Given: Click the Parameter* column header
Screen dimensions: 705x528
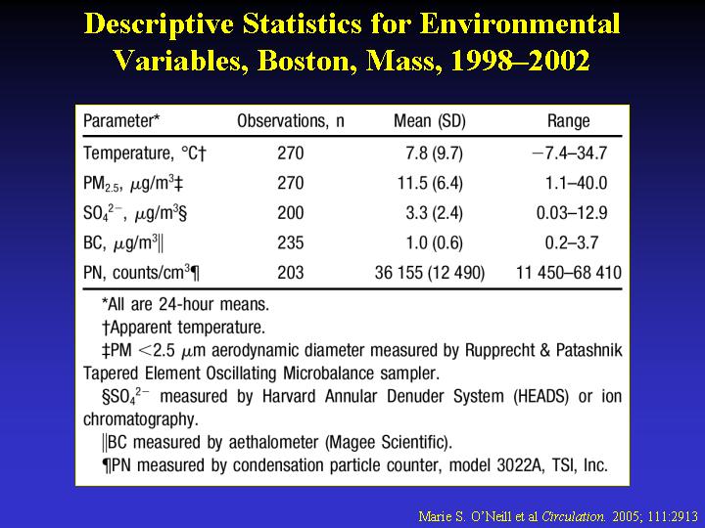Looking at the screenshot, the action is pyautogui.click(x=121, y=121).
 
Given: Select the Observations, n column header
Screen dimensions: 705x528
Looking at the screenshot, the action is pyautogui.click(x=291, y=121).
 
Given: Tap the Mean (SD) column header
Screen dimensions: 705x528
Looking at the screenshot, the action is pyautogui.click(x=430, y=121).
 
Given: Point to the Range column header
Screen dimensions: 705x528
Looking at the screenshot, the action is pyautogui.click(x=568, y=121).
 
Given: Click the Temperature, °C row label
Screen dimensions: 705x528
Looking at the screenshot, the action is pyautogui.click(x=145, y=154).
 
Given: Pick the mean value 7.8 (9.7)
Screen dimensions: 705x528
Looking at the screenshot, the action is pyautogui.click(x=434, y=154).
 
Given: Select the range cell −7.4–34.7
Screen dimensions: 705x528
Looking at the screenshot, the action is pyautogui.click(x=570, y=154).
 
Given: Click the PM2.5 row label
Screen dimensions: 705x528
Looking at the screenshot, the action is pyautogui.click(x=133, y=184).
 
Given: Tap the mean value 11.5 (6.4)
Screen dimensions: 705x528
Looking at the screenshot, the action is pyautogui.click(x=430, y=183).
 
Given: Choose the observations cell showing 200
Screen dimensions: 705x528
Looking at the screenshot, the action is pyautogui.click(x=291, y=213).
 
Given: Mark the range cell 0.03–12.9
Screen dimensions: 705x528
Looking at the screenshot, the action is pyautogui.click(x=572, y=213).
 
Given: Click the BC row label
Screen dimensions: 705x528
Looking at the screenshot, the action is pyautogui.click(x=123, y=243).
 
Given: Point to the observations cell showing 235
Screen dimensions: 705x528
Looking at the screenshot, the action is pyautogui.click(x=291, y=242).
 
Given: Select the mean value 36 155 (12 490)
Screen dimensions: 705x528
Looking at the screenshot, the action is pyautogui.click(x=430, y=273).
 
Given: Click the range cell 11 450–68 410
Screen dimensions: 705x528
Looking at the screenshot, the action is pyautogui.click(x=569, y=273).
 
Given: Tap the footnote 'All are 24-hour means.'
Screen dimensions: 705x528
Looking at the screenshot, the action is pyautogui.click(x=186, y=304).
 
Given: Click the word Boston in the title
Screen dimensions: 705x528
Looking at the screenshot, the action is pyautogui.click(x=304, y=61).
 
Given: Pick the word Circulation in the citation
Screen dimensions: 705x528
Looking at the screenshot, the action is pyautogui.click(x=573, y=516).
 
